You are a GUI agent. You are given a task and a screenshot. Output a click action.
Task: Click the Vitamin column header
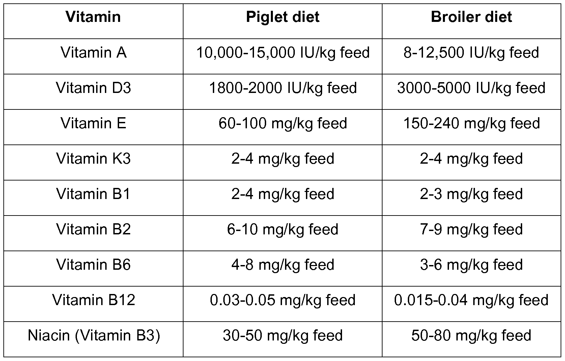click(93, 17)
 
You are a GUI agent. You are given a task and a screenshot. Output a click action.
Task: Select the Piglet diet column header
click(283, 17)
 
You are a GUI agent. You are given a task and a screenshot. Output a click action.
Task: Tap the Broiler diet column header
click(471, 17)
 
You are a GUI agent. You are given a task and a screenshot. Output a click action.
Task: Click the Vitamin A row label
click(93, 53)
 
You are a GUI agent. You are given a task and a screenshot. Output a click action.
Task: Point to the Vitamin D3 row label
click(93, 88)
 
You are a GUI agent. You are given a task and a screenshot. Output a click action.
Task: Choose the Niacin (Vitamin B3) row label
click(93, 336)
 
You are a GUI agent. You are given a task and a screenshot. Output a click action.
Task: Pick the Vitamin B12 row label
click(93, 300)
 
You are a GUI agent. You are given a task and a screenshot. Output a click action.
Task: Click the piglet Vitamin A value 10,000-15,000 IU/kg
click(283, 53)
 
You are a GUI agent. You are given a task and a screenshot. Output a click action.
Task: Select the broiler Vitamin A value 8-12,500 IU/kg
click(471, 53)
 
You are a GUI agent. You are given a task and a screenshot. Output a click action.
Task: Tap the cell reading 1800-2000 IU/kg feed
click(283, 88)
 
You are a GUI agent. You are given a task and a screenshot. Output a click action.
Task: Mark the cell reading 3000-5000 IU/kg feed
click(471, 88)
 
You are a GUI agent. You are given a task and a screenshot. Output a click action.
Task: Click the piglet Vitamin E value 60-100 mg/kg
click(283, 124)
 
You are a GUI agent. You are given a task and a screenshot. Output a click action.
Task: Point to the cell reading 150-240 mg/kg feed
click(471, 124)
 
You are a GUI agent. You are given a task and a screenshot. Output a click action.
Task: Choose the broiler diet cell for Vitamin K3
click(471, 159)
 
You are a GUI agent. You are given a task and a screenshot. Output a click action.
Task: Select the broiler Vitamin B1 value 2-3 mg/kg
click(471, 194)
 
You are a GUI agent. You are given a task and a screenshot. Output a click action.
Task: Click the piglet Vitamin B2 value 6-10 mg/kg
click(283, 230)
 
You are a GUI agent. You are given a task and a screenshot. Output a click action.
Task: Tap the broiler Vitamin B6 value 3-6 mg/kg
click(471, 265)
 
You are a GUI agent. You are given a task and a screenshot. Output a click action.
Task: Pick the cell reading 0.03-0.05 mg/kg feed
click(283, 300)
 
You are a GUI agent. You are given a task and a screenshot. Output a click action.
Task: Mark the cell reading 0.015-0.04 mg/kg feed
click(471, 300)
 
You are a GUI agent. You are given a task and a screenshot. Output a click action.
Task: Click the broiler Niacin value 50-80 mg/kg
click(471, 336)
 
